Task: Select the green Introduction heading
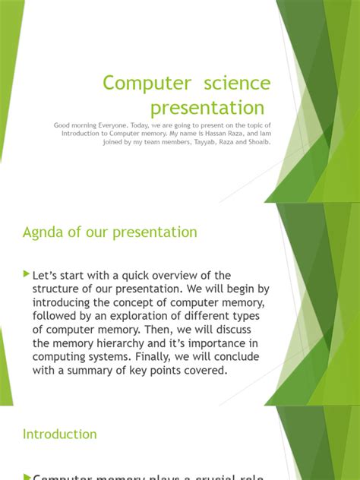(60, 434)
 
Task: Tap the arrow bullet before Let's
(27, 274)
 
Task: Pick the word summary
(98, 371)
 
